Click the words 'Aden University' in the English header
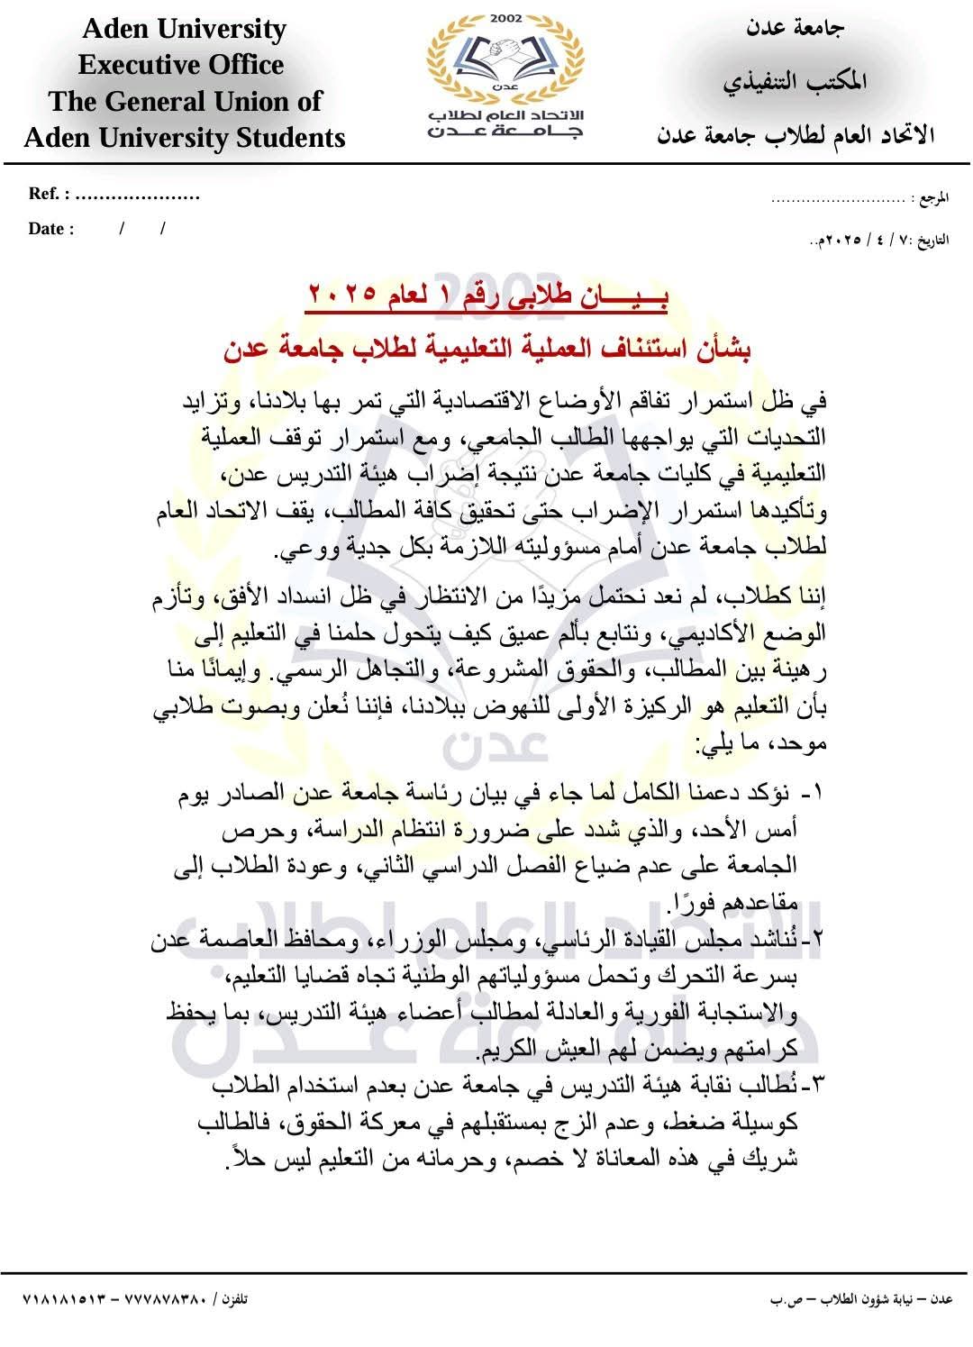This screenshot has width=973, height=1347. (184, 29)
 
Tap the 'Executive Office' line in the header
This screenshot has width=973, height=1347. (181, 65)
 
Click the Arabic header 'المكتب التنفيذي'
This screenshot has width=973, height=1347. (795, 82)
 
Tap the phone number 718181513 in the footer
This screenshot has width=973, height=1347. (64, 1300)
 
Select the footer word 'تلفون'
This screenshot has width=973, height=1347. (233, 1300)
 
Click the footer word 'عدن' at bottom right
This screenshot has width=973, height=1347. (941, 1300)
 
